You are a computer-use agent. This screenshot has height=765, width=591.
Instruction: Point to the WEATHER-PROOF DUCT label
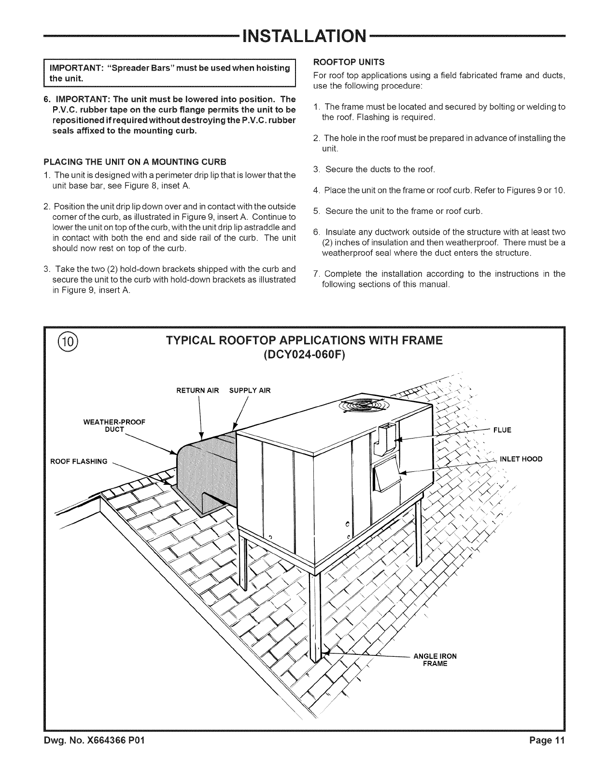click(114, 425)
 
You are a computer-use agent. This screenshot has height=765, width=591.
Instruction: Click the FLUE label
click(502, 430)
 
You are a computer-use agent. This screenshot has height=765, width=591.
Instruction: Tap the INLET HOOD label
click(521, 459)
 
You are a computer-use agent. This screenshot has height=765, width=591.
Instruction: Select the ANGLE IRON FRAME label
click(435, 660)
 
